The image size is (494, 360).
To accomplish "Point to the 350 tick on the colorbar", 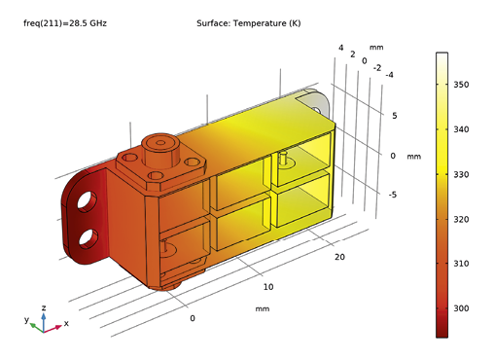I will tap(462, 86).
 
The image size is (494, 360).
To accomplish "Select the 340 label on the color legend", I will tap(462, 130).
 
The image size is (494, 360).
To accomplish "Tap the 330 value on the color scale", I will tap(462, 175).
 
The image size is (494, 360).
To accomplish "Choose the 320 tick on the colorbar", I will tap(462, 220).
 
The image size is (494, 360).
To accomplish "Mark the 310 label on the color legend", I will tap(462, 264).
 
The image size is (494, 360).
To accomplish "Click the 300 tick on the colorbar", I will tap(462, 308).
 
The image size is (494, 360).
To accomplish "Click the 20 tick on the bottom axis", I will tap(339, 257).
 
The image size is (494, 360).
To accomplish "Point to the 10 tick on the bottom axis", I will tap(269, 287).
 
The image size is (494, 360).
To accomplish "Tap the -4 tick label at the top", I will tap(389, 75).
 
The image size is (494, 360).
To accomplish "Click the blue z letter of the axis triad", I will tap(44, 308).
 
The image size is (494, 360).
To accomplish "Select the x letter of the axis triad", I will tap(66, 323).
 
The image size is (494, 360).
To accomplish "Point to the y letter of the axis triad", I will tap(26, 319).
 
